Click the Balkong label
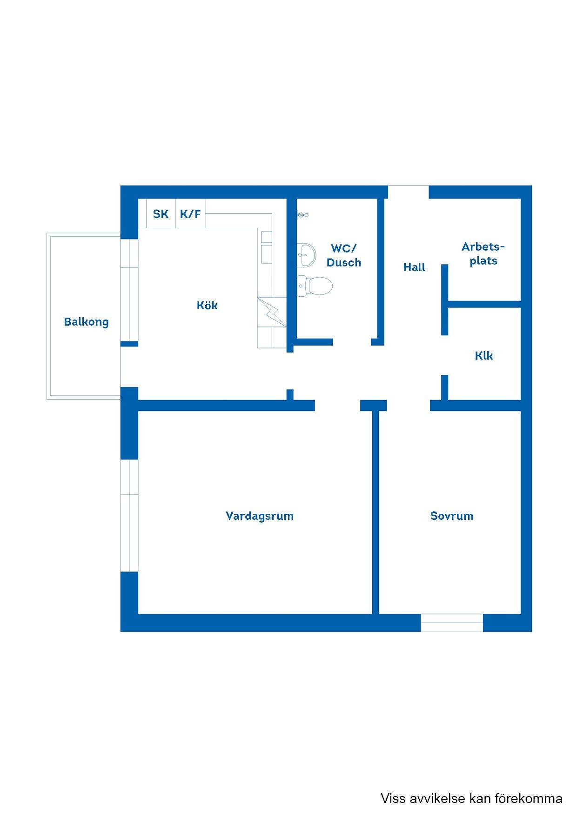(x=86, y=322)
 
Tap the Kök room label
(x=207, y=306)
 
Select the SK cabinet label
(x=161, y=214)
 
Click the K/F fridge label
(x=190, y=214)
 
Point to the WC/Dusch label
(x=344, y=255)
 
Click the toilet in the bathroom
(x=315, y=286)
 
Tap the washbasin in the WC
(x=306, y=255)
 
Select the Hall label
(x=414, y=267)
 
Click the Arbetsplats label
(x=483, y=254)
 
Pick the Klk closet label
(x=484, y=356)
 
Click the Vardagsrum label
(x=260, y=516)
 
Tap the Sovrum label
(x=452, y=516)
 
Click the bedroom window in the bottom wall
(x=452, y=623)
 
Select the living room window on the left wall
(x=129, y=516)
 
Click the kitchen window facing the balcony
(x=129, y=290)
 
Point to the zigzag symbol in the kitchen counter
(x=272, y=312)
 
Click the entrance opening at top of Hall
(x=409, y=192)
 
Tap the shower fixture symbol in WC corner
(x=302, y=215)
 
